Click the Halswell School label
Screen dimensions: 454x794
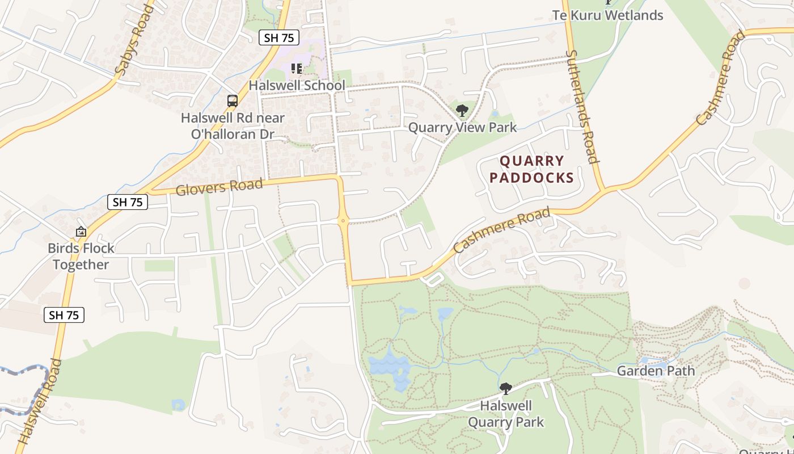(297, 86)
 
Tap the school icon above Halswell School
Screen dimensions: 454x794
(296, 69)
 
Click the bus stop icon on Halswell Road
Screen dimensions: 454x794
(232, 101)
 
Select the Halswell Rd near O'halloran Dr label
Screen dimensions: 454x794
(233, 127)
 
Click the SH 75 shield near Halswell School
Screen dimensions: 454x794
(279, 38)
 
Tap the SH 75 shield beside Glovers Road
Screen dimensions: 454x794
(128, 202)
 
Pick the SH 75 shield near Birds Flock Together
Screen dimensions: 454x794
(64, 315)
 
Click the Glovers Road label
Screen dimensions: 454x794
(219, 186)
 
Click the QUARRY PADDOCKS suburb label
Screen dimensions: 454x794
(531, 170)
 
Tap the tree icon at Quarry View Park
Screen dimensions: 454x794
(462, 110)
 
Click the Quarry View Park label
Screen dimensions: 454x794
(462, 127)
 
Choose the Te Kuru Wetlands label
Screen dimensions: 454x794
(607, 15)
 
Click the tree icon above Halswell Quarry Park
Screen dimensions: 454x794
(505, 389)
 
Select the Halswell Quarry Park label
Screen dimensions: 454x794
(505, 414)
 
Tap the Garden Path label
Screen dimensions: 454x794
(655, 371)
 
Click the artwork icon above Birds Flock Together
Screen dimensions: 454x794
(81, 232)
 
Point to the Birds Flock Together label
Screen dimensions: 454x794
(81, 257)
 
